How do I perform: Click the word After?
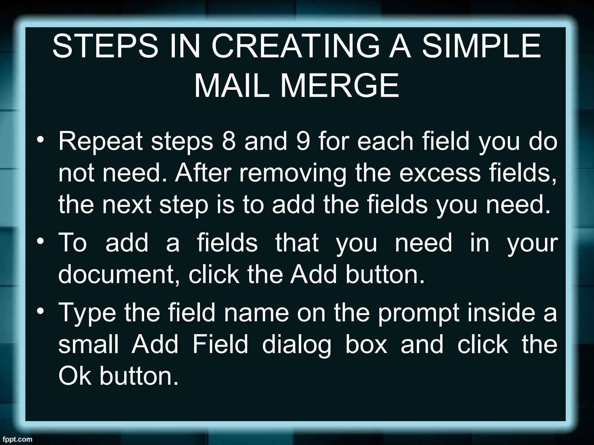pyautogui.click(x=203, y=173)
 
